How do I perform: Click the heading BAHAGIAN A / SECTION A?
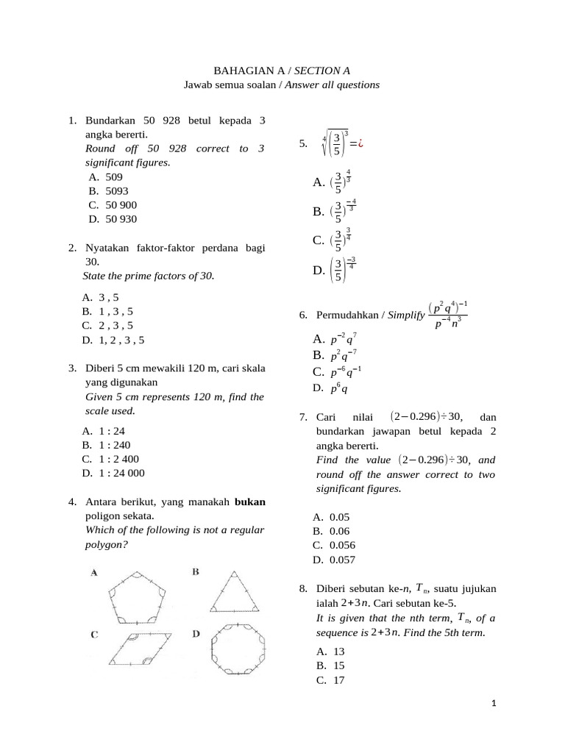click(282, 71)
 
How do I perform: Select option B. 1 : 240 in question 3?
click(105, 445)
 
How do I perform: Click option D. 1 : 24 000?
click(112, 473)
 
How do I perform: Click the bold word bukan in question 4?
click(249, 502)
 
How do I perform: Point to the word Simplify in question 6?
click(405, 315)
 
